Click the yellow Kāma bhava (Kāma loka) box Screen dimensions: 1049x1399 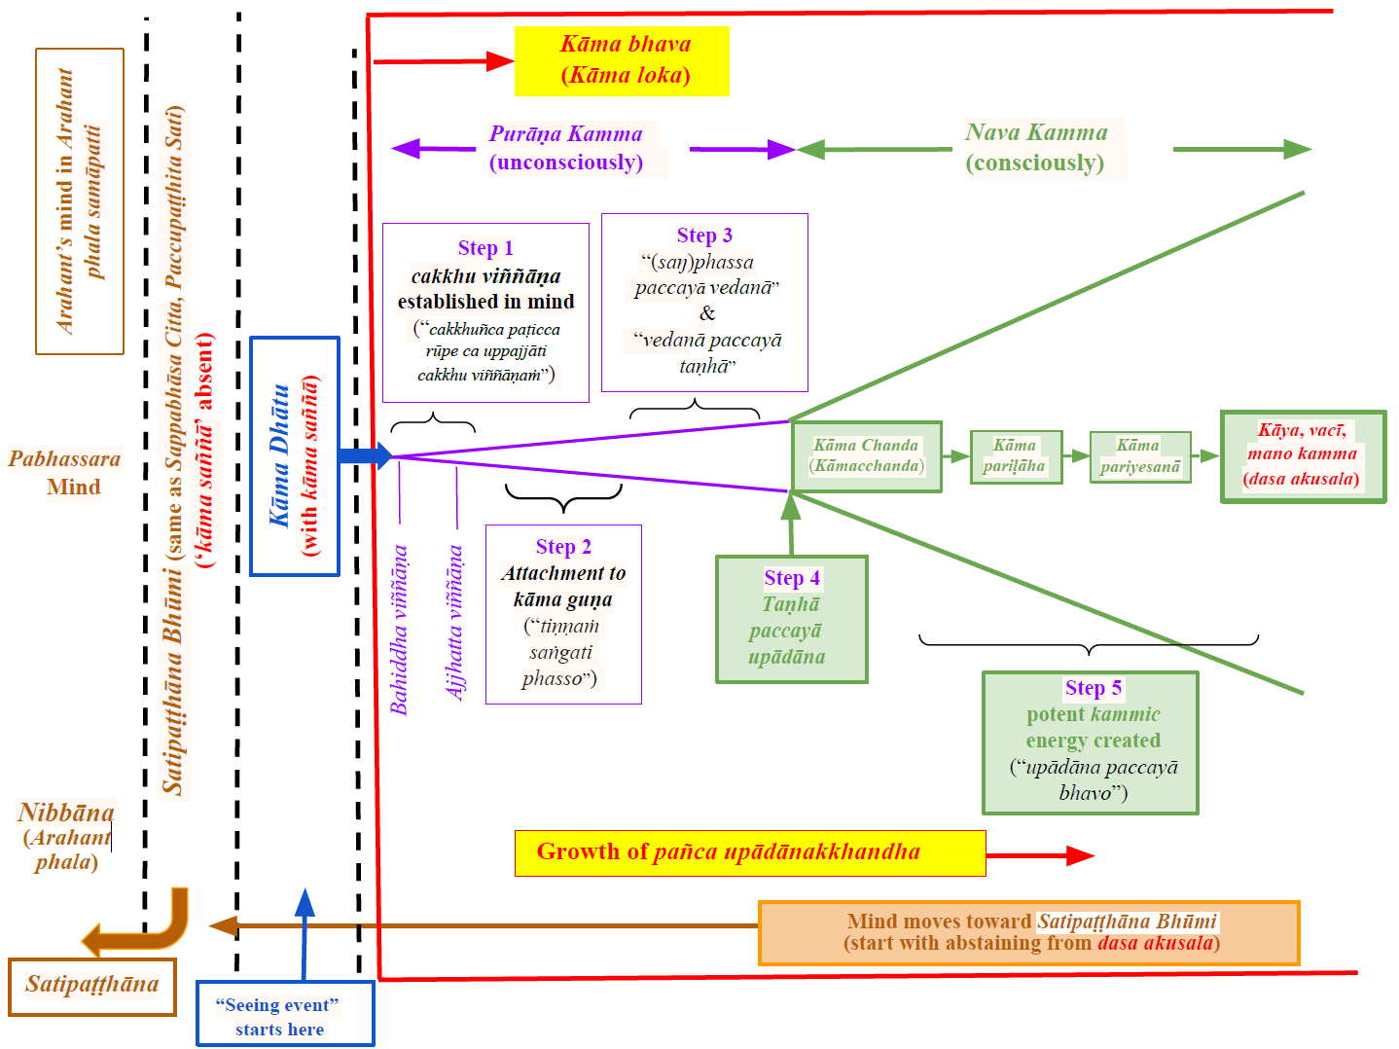point(622,60)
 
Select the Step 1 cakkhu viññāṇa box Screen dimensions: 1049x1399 point(485,312)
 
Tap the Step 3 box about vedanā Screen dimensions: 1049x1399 point(704,302)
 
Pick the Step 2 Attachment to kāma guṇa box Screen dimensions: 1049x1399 point(563,614)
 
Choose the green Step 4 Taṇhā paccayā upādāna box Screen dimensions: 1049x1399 point(791,619)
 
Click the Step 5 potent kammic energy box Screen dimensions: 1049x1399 point(1090,742)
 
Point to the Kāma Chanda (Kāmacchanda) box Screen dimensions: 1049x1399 point(866,456)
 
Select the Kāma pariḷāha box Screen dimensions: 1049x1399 point(1015,456)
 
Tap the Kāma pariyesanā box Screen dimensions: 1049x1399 point(1139,456)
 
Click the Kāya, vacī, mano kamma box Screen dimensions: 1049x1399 point(1303,456)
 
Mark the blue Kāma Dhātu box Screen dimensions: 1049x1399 point(294,456)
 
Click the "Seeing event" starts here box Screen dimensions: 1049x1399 point(284,1015)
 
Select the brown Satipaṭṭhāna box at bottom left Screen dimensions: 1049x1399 point(92,986)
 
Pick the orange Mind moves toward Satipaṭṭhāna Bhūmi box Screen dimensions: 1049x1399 point(1028,932)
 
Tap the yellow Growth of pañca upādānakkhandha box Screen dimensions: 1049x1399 point(749,852)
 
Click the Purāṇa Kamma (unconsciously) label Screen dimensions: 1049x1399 point(567,148)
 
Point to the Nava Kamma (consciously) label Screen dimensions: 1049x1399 point(1037,148)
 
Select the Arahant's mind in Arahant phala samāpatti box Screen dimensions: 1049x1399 point(80,200)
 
